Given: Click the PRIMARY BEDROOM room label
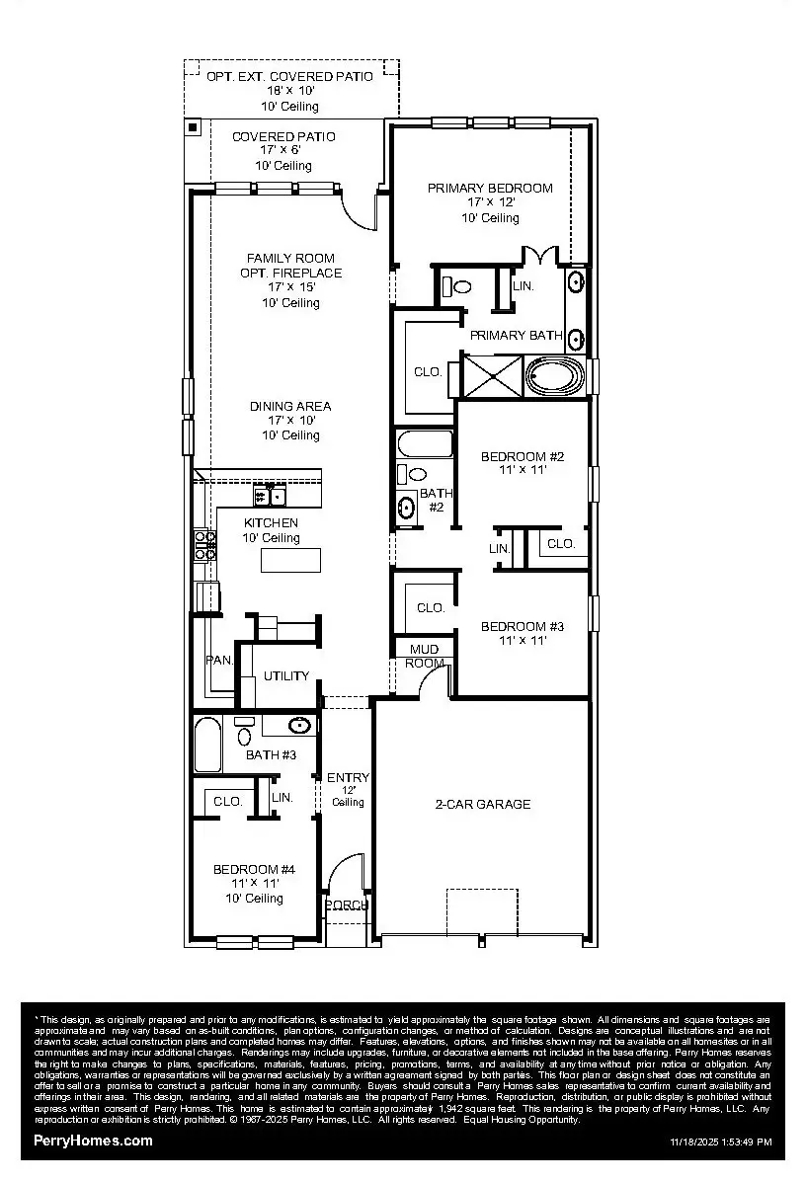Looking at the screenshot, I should click(490, 189).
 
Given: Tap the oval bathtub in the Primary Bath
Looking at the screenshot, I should click(556, 377).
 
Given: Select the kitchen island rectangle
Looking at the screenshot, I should click(290, 560).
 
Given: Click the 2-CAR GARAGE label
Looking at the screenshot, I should click(483, 805).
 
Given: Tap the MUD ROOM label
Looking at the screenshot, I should click(425, 656).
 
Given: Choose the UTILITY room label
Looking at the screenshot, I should click(286, 676).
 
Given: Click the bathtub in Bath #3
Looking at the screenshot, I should click(207, 746).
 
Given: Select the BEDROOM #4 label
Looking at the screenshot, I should click(254, 870).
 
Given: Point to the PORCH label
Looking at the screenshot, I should click(347, 905).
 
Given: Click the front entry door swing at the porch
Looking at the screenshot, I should click(344, 874).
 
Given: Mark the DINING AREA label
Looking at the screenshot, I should click(290, 407).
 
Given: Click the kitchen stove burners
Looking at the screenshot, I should click(205, 545).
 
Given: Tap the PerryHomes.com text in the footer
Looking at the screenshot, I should click(94, 1141).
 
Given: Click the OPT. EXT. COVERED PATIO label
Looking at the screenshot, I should click(290, 77).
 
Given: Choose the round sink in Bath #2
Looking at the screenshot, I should click(406, 508).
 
